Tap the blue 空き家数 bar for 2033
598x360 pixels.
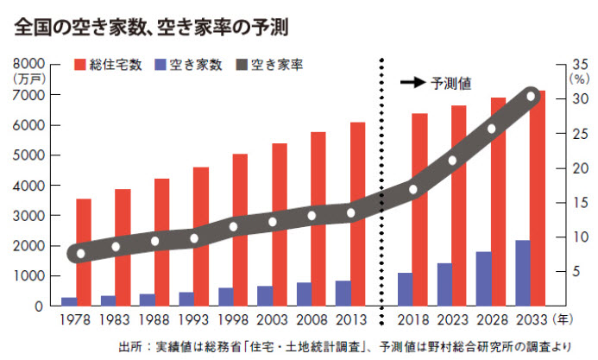pyautogui.click(x=523, y=273)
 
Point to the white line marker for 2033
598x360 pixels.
pyautogui.click(x=532, y=96)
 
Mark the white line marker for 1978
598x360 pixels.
pyautogui.click(x=80, y=254)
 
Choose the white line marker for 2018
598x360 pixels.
pyautogui.click(x=413, y=190)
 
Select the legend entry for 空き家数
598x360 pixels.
pyautogui.click(x=187, y=64)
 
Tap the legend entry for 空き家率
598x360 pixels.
pyautogui.click(x=268, y=64)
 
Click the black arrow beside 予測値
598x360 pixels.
pyautogui.click(x=413, y=84)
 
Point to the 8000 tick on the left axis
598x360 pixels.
pyautogui.click(x=27, y=64)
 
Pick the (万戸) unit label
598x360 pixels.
pyautogui.click(x=28, y=79)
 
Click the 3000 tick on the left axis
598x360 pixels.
pyautogui.click(x=27, y=216)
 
